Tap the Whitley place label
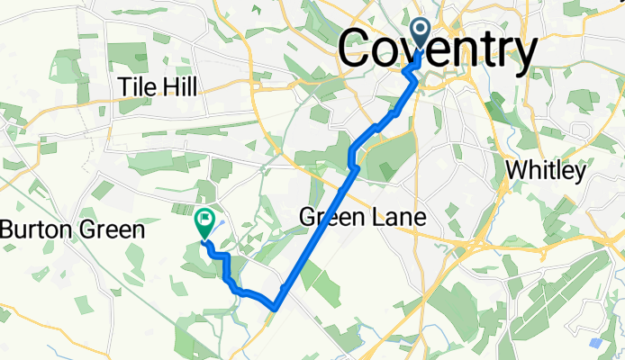coord(547,170)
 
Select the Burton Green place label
coord(72,229)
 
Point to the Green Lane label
coord(362,217)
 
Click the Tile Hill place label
coord(158,87)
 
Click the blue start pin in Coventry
coord(421,34)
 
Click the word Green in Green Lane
coord(332,217)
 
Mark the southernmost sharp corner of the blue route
coord(272,309)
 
